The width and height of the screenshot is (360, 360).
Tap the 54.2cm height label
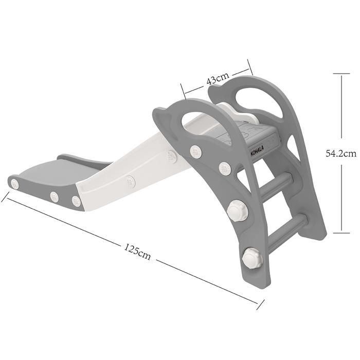341,153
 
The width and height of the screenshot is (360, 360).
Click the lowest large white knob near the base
253,257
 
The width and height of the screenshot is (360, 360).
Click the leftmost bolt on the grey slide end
15,184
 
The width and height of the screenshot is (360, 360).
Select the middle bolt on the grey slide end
54,196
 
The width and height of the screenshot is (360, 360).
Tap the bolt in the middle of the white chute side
131,182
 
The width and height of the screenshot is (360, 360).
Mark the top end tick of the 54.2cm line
341,74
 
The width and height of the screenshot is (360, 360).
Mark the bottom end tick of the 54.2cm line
341,233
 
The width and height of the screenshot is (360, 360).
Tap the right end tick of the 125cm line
260,304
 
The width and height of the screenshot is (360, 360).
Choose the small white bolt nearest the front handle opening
195,151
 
